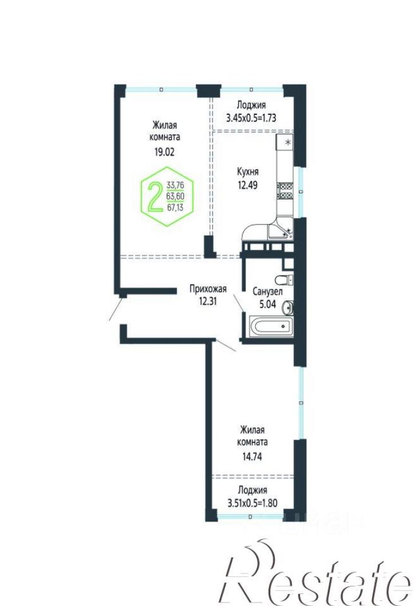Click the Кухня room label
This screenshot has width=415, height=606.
[x=248, y=172]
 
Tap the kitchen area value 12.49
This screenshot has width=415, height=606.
[x=248, y=185]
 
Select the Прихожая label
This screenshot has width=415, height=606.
[x=208, y=289]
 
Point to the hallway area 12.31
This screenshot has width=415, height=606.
[x=208, y=301]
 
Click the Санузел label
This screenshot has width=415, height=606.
[x=267, y=292]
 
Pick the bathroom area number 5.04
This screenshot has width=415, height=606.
[x=267, y=304]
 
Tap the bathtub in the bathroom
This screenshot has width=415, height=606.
[x=271, y=326]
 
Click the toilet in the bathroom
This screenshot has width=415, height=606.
[x=284, y=280]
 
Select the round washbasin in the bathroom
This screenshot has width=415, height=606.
[x=288, y=308]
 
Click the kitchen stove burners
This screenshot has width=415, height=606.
[x=285, y=190]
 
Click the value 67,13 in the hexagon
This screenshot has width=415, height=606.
[x=175, y=207]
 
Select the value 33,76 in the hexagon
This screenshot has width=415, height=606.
[x=175, y=185]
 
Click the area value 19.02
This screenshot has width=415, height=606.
[x=164, y=152]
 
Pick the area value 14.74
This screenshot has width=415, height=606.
[x=252, y=456]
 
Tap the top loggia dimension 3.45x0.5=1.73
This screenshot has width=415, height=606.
[x=251, y=118]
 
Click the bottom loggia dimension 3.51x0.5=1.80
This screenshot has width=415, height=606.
[x=252, y=503]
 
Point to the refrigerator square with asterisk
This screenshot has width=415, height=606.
[x=284, y=142]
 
